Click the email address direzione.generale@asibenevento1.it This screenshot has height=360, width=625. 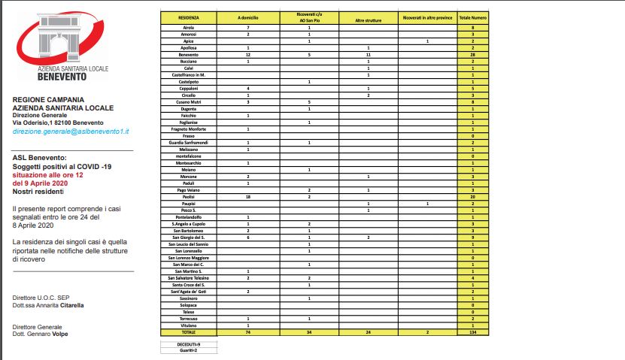pos(71,131)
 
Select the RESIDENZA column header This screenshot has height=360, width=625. pos(188,16)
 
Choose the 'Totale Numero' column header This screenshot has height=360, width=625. pos(472,16)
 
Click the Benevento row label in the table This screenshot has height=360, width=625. pos(188,55)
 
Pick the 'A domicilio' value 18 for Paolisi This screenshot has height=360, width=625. pos(247,196)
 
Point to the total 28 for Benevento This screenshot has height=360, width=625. pos(472,55)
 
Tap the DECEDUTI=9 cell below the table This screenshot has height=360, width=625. pos(188,343)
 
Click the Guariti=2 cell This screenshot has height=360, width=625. pos(188,350)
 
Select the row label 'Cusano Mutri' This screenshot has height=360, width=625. pos(188,101)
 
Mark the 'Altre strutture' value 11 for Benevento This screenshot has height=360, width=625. pos(369,55)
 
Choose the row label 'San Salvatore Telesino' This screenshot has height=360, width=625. pos(188,278)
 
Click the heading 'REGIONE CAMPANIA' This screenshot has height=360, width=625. pos(48,99)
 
